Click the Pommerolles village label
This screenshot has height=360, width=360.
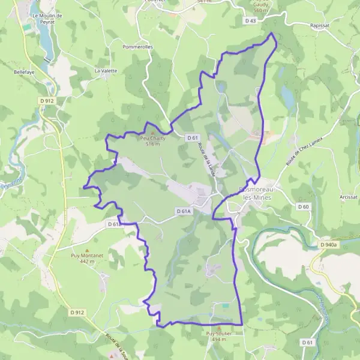point(137,46)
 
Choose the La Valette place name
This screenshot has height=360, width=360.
point(106,71)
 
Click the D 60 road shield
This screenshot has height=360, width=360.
point(304,207)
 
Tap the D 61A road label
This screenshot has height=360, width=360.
point(184,211)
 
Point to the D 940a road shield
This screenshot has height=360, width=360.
point(329,245)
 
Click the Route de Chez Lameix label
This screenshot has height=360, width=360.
point(304,152)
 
